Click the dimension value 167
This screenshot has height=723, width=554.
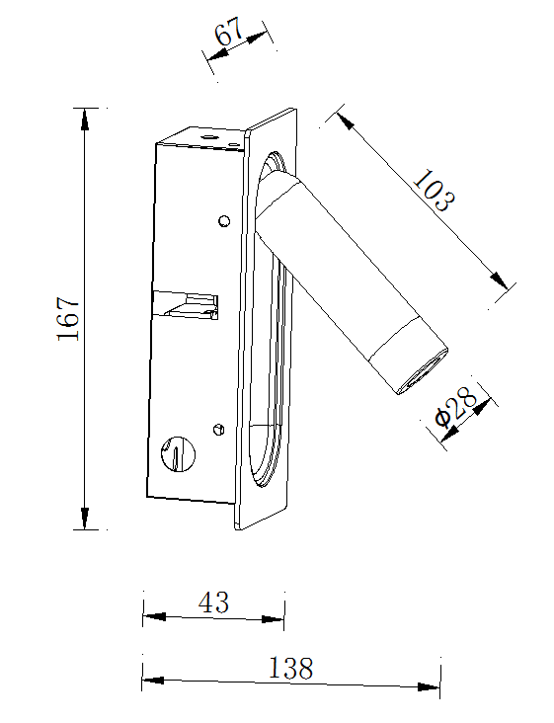tap(69, 319)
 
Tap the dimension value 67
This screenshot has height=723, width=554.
tap(228, 33)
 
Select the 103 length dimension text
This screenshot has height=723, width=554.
tap(434, 191)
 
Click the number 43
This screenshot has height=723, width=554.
tap(214, 602)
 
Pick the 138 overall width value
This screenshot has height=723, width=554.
tap(291, 668)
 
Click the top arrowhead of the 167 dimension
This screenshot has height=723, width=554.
tap(85, 119)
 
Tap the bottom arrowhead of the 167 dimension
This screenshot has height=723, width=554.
tap(85, 519)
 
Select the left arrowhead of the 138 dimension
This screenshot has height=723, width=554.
tap(153, 681)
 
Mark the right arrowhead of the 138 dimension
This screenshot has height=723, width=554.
tap(429, 687)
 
